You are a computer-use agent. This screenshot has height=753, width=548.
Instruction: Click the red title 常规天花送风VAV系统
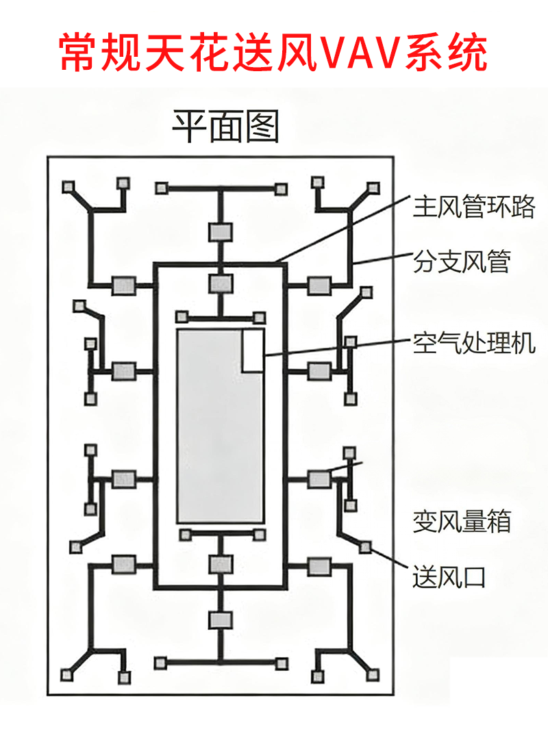pyautogui.click(x=274, y=51)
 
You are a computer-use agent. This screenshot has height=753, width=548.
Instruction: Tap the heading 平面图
pyautogui.click(x=225, y=127)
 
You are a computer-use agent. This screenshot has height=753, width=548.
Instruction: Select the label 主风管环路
pyautogui.click(x=473, y=206)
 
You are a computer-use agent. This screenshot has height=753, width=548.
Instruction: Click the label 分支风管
pyautogui.click(x=462, y=261)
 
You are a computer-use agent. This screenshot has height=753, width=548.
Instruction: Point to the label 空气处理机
pyautogui.click(x=473, y=343)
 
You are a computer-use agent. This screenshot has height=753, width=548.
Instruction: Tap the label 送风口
pyautogui.click(x=449, y=577)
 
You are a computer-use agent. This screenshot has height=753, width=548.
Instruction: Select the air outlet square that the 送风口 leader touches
pyautogui.click(x=365, y=546)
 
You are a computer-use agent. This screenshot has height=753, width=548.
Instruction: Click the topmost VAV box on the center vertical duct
pyautogui.click(x=220, y=231)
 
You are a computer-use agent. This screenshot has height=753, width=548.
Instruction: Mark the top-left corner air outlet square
pyautogui.click(x=68, y=187)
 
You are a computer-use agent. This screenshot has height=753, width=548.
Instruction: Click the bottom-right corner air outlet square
pyautogui.click(x=372, y=675)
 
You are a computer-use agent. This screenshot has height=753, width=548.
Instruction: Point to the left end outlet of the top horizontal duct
pyautogui.click(x=162, y=188)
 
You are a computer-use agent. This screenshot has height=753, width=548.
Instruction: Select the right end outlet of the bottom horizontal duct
pyautogui.click(x=281, y=663)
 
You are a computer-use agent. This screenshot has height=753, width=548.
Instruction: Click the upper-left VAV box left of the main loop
pyautogui.click(x=124, y=284)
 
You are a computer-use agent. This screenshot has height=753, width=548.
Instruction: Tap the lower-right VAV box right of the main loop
pyautogui.click(x=319, y=566)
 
